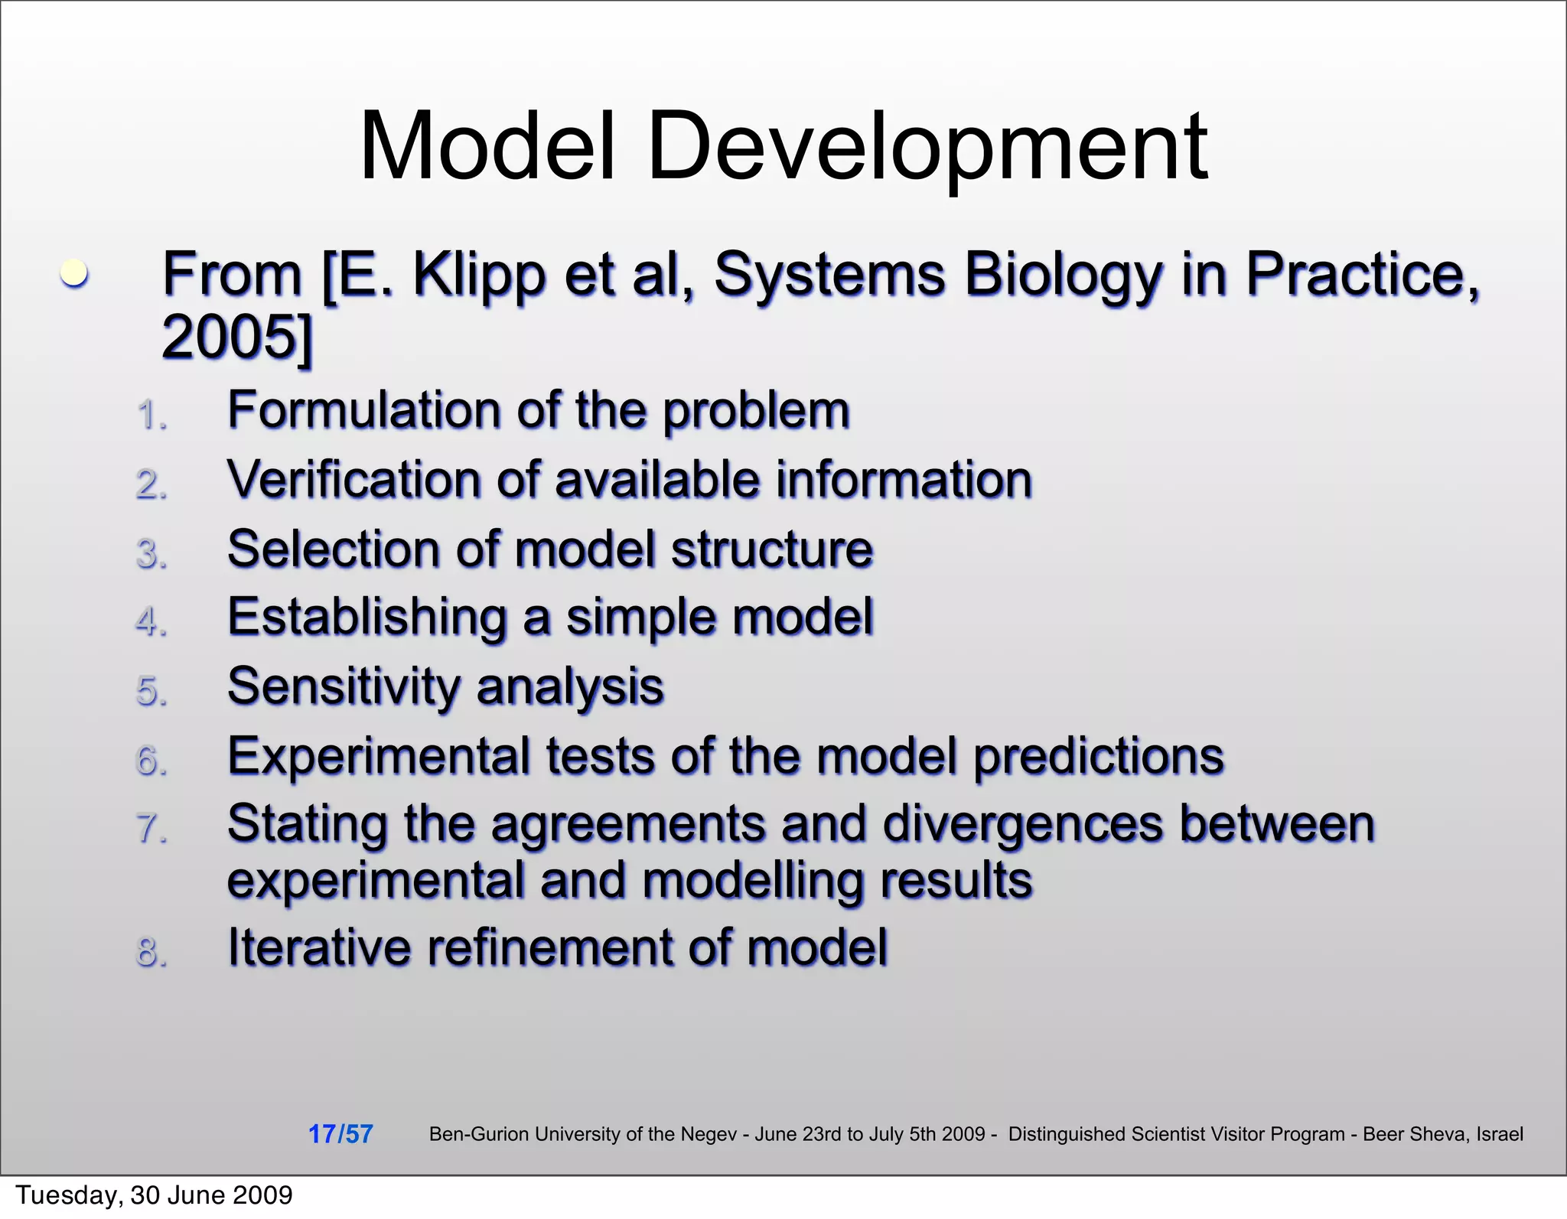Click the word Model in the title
click(487, 147)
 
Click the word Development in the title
click(927, 147)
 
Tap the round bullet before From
click(74, 273)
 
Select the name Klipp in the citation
click(478, 275)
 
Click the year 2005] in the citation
click(237, 337)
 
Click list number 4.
click(151, 622)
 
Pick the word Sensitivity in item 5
click(343, 686)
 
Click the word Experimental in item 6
click(380, 757)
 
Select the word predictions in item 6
click(1099, 757)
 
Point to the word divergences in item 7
click(1022, 825)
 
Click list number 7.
click(151, 830)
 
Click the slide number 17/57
click(340, 1134)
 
